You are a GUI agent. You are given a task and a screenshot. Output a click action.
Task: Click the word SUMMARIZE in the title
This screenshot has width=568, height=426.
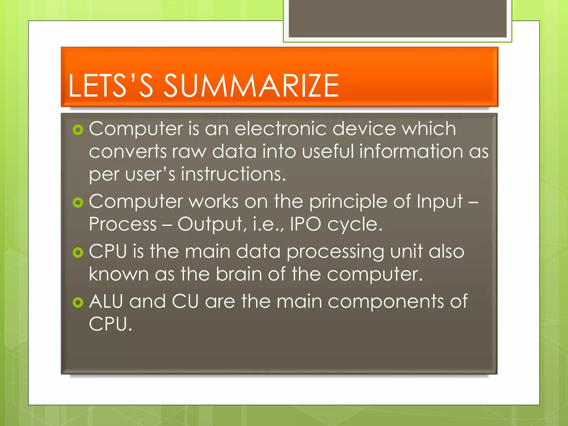click(251, 86)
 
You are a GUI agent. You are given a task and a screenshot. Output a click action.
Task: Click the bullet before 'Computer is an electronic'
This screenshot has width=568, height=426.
click(78, 130)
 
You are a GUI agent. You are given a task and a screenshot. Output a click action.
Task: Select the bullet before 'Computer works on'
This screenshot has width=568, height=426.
click(78, 202)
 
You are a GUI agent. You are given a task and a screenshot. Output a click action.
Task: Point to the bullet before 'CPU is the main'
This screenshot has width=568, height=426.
click(78, 252)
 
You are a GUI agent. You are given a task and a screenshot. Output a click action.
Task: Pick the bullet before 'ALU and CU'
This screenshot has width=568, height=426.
click(78, 302)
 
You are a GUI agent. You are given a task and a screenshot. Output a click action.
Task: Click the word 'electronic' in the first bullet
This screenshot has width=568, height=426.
click(280, 129)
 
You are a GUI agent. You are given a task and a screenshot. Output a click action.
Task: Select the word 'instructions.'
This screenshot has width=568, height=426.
click(233, 174)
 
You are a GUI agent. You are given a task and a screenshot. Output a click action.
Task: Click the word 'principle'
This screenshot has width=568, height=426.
click(348, 202)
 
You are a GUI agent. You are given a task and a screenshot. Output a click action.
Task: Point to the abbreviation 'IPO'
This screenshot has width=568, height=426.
click(305, 224)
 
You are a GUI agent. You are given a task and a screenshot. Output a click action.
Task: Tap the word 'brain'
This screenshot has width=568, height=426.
click(239, 274)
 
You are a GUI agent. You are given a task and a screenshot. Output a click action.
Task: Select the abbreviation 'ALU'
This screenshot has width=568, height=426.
click(106, 301)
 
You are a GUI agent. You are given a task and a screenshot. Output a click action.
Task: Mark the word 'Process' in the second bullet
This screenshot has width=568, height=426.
click(123, 224)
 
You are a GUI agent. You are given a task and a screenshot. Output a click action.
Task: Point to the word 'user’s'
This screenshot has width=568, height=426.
click(150, 174)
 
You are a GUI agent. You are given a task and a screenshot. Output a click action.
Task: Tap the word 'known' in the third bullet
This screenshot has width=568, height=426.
click(119, 274)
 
